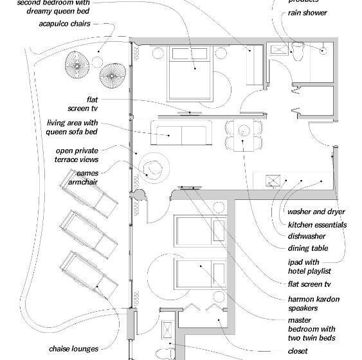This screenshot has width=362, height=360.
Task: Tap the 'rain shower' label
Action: click(307, 13)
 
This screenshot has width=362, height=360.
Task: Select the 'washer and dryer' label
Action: click(316, 212)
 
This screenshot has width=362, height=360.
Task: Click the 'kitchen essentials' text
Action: click(317, 225)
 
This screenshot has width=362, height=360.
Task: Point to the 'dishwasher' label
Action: click(307, 236)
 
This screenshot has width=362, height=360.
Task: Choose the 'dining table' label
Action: click(308, 248)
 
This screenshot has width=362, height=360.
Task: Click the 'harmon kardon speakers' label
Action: click(314, 303)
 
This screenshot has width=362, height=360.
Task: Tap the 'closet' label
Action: click(298, 351)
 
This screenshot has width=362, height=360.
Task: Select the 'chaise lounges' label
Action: click(74, 349)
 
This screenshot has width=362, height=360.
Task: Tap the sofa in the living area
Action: click(179, 134)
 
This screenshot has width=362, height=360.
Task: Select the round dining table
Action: click(244, 132)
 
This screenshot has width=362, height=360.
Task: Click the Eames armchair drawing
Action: click(154, 170)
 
